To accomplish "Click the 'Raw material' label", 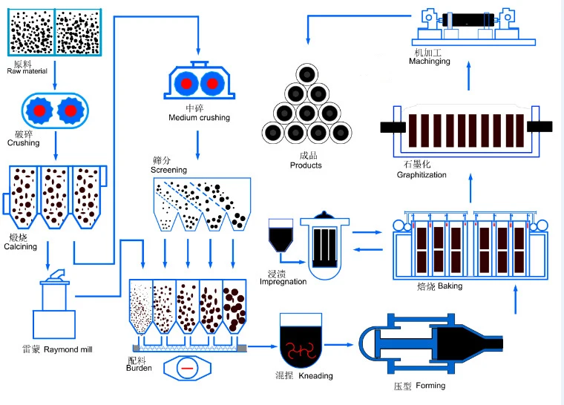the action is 27,71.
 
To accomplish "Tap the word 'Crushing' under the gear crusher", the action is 24,143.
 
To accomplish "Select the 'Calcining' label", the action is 21,247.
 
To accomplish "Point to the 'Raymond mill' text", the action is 68,349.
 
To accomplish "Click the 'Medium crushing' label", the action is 200,118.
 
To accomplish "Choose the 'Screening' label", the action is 168,170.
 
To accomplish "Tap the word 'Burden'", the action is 139,368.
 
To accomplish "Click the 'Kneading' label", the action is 316,376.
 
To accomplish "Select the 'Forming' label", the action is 430,386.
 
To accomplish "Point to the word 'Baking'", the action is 450,286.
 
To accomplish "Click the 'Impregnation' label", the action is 283,282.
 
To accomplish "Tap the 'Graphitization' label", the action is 422,175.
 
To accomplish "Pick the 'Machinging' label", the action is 430,61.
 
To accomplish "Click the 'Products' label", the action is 306,165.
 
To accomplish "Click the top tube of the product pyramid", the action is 306,74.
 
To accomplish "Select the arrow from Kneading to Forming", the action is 339,345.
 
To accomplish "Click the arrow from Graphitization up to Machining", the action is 468,76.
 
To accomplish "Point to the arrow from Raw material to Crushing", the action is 55,75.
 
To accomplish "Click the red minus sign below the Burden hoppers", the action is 187,369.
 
